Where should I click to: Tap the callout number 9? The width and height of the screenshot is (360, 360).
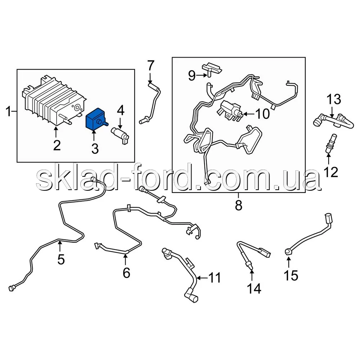click(192, 75)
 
